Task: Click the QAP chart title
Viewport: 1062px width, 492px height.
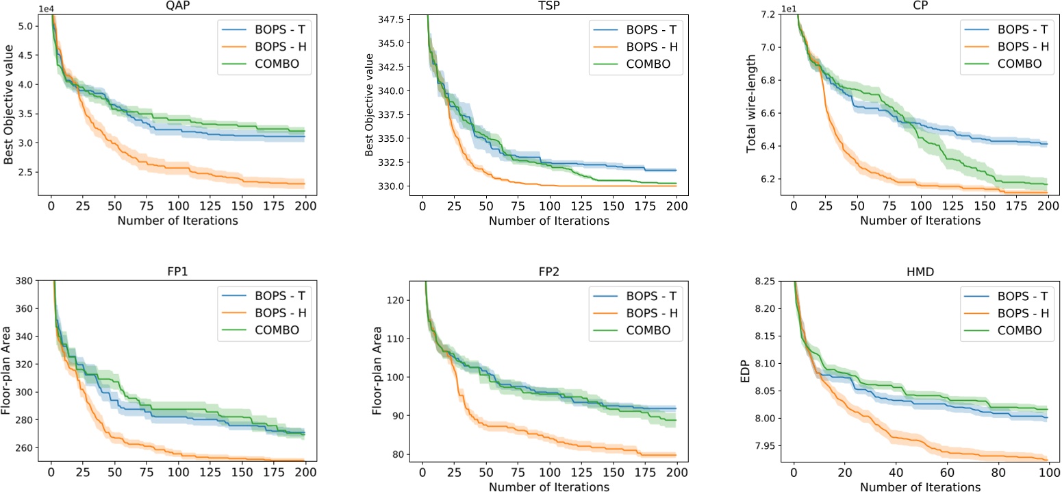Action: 177,6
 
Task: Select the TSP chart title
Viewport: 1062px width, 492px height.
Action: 549,6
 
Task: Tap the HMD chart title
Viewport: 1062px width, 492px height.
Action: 921,272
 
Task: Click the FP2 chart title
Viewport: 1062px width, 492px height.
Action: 549,272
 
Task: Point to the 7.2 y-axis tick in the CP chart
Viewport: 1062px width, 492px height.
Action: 776,14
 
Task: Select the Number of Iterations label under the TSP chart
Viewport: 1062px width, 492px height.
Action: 549,221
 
